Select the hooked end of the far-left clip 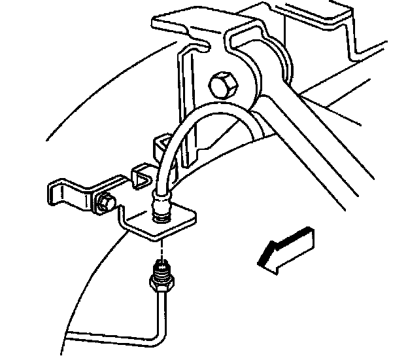(55, 194)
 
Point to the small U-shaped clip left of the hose (139, 175)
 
